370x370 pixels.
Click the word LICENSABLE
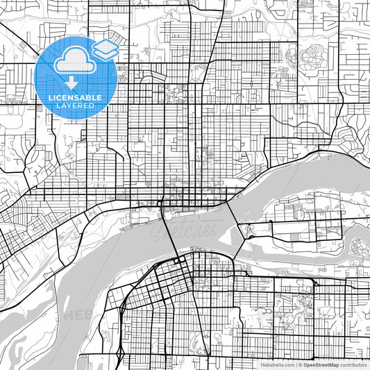[x=72, y=99]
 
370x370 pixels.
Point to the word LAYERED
[x=72, y=106]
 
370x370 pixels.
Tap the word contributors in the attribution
[x=353, y=364]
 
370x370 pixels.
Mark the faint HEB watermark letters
[x=78, y=314]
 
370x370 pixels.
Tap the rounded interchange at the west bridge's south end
[x=179, y=259]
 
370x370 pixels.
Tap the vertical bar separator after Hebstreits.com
[x=296, y=364]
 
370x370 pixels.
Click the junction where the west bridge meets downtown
[x=162, y=202]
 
